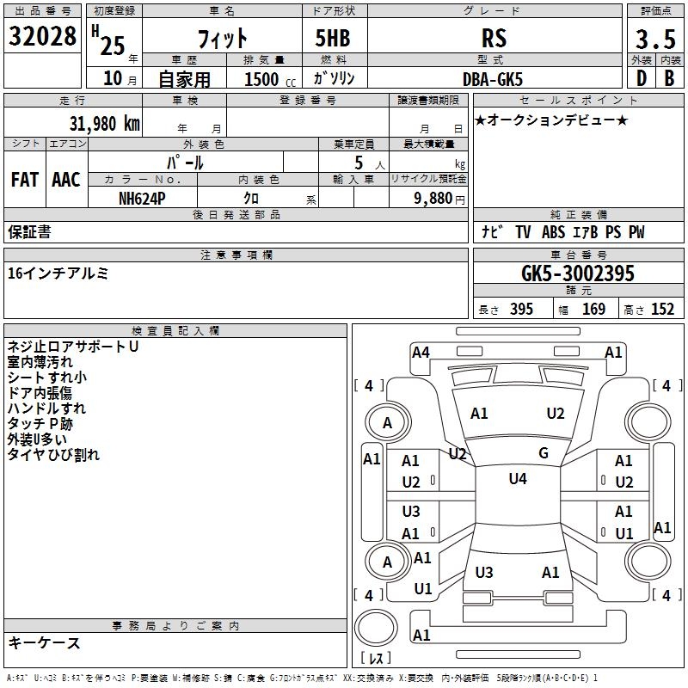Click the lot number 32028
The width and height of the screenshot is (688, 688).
[x=42, y=36]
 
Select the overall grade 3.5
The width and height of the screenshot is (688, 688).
[x=655, y=39]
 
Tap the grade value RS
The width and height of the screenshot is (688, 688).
[x=494, y=38]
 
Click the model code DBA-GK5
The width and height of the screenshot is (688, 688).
[x=493, y=79]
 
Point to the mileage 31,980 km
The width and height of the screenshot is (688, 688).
[x=104, y=123]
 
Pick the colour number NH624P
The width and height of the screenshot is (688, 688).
[x=142, y=199]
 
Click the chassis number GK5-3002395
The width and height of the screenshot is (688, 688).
[x=578, y=273]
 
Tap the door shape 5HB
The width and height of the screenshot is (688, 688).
[x=333, y=38]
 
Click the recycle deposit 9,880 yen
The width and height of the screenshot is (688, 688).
[x=439, y=199]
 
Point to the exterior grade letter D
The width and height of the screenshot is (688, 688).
[x=642, y=78]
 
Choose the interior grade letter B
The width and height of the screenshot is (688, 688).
[x=669, y=78]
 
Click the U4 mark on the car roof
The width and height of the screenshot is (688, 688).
[x=518, y=479]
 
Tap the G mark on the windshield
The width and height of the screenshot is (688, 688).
[x=544, y=453]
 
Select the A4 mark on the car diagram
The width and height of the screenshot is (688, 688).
[x=421, y=353]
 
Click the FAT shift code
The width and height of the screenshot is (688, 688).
[x=25, y=180]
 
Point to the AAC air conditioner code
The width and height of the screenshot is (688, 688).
[x=66, y=180]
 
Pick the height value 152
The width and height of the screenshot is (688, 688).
[x=662, y=309]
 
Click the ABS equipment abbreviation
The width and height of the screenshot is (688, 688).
[x=553, y=231]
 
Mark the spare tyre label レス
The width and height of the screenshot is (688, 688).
[x=376, y=658]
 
